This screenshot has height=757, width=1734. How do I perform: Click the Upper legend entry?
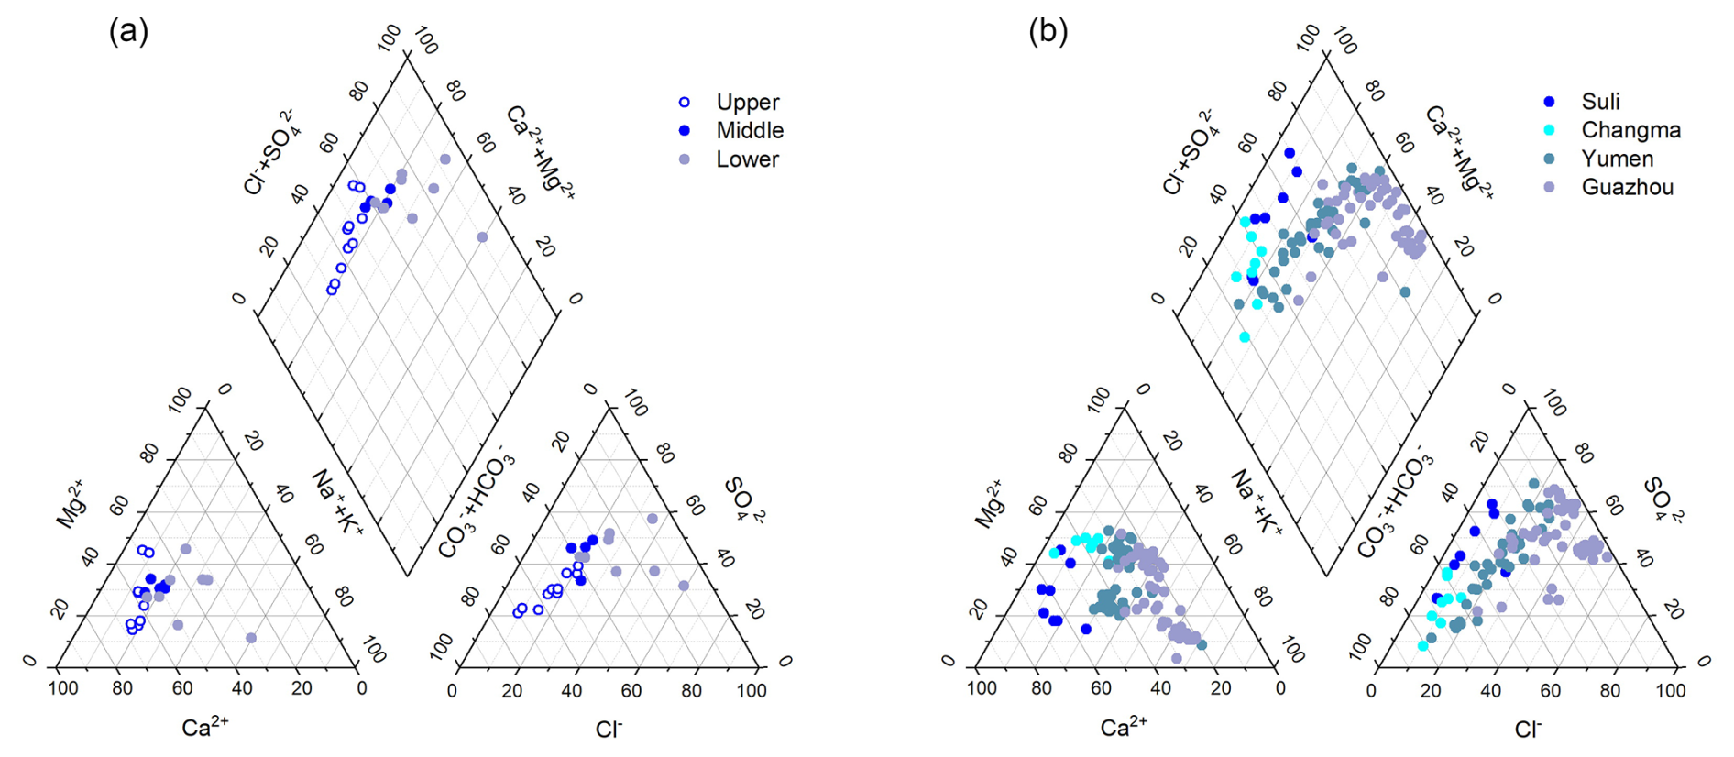(x=747, y=102)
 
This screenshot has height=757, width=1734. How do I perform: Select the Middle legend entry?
(x=749, y=130)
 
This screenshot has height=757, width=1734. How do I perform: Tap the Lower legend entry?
(x=747, y=159)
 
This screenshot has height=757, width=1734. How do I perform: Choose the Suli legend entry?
(x=1600, y=102)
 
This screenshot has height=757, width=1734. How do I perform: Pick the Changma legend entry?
(x=1630, y=130)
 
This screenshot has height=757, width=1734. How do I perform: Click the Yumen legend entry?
(x=1617, y=159)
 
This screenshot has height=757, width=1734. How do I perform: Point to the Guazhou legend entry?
(x=1627, y=187)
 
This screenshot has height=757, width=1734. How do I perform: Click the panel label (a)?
(x=128, y=32)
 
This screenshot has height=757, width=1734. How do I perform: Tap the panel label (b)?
(x=1048, y=32)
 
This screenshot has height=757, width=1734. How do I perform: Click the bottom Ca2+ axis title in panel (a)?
(x=204, y=728)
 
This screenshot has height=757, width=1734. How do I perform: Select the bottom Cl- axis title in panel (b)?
(x=1527, y=730)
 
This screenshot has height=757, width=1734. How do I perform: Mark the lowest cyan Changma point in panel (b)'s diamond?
(x=1245, y=337)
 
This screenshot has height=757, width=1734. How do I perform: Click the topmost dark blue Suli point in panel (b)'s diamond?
(x=1290, y=153)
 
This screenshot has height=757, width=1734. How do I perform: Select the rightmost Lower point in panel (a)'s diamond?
(x=482, y=237)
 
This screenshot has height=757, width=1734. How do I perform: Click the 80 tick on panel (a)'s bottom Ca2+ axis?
(x=122, y=688)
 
